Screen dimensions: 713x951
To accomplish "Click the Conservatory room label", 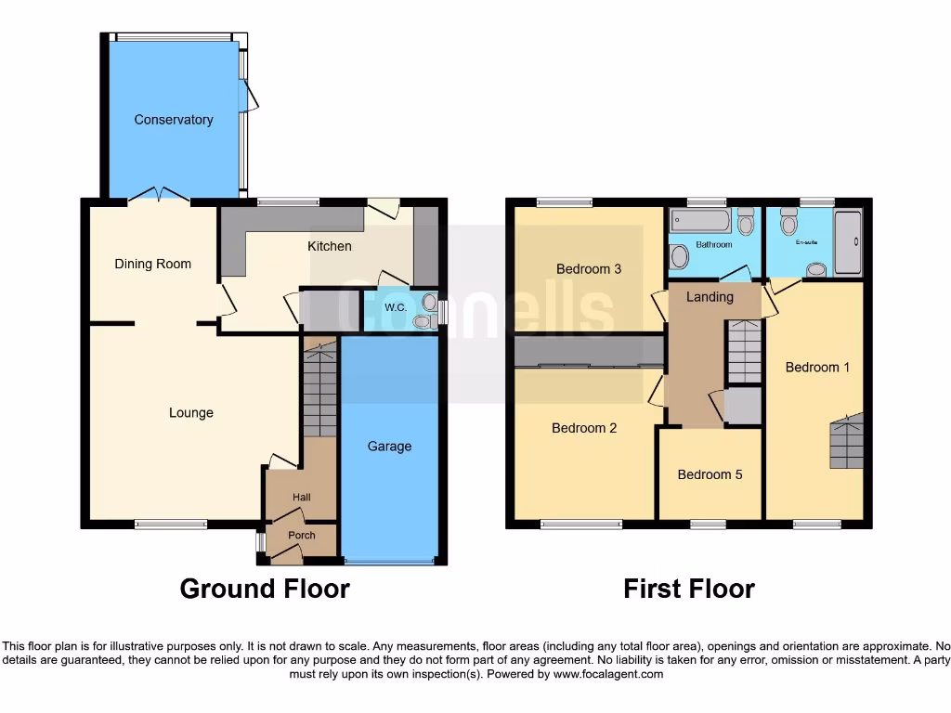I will click(x=173, y=120).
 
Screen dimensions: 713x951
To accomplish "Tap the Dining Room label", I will click(x=152, y=264).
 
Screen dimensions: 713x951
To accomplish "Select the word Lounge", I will click(x=190, y=413).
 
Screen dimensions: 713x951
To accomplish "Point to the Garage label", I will click(x=389, y=447).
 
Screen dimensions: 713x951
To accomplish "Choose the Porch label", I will click(x=301, y=536).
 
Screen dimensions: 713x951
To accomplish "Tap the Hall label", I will click(x=301, y=498).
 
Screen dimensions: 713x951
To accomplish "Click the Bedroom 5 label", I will click(x=710, y=474).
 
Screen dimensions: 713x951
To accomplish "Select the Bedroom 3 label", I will click(x=588, y=269).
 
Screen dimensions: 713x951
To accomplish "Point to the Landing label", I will click(x=710, y=297).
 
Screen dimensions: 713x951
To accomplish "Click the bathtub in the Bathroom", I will click(x=700, y=221).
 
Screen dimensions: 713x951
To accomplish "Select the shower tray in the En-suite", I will click(x=848, y=241).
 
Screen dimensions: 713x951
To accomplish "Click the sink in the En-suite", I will click(x=817, y=269).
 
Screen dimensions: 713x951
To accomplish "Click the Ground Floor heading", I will click(x=265, y=589).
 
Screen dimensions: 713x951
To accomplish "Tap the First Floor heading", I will click(x=688, y=589).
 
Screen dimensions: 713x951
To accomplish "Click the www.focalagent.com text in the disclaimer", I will click(x=607, y=674).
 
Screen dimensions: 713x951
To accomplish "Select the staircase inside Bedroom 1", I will click(x=846, y=441).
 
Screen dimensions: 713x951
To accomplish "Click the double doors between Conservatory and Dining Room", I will click(x=159, y=194).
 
